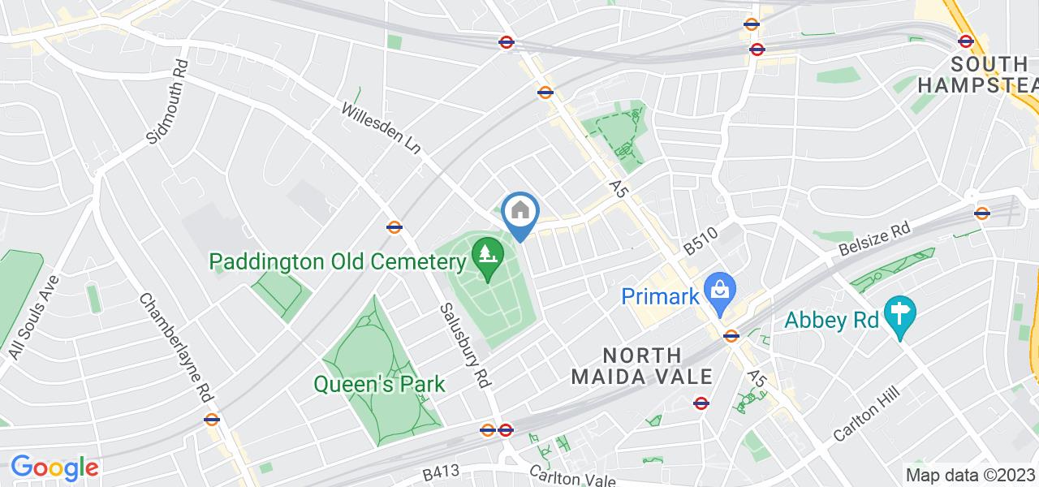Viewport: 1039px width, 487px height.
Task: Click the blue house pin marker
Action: (519, 213)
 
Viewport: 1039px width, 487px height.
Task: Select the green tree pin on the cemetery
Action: (486, 253)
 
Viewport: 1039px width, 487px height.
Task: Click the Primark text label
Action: (660, 296)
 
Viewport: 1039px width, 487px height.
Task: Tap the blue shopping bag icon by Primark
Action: (718, 287)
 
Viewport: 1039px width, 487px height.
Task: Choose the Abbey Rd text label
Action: (833, 320)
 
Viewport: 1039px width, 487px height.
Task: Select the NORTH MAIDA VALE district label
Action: (641, 366)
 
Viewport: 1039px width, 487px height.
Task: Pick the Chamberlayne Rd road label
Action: (176, 347)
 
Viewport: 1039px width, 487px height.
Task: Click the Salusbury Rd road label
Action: (466, 344)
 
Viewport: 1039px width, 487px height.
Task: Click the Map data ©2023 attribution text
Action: (970, 475)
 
